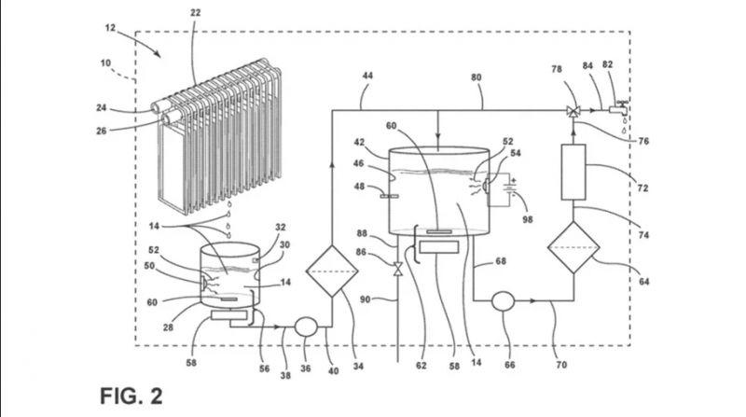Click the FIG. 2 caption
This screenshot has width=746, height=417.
coord(131,396)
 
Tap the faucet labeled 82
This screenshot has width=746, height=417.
coord(619,108)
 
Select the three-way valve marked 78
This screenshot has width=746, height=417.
coord(573,111)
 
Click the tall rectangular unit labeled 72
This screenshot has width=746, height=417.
coord(573,172)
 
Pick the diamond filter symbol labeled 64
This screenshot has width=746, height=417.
coord(573,247)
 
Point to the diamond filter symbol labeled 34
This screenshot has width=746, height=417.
coord(332,271)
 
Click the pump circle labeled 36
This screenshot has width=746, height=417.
coord(306,327)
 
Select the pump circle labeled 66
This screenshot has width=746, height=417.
coord(503,300)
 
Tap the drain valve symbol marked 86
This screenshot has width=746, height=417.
coord(398,269)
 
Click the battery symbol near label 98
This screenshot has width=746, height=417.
coord(511,187)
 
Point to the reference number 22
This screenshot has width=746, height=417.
coord(195,13)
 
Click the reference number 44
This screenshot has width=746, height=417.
coord(367,76)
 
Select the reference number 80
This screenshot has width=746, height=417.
coord(477,77)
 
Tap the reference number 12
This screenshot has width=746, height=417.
coord(110,28)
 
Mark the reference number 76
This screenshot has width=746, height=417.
coord(643,141)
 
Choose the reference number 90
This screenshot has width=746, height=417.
coord(365,299)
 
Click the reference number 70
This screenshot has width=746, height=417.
coord(561,365)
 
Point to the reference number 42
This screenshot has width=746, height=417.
coord(359,142)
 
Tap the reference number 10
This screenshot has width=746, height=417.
coord(105,63)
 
